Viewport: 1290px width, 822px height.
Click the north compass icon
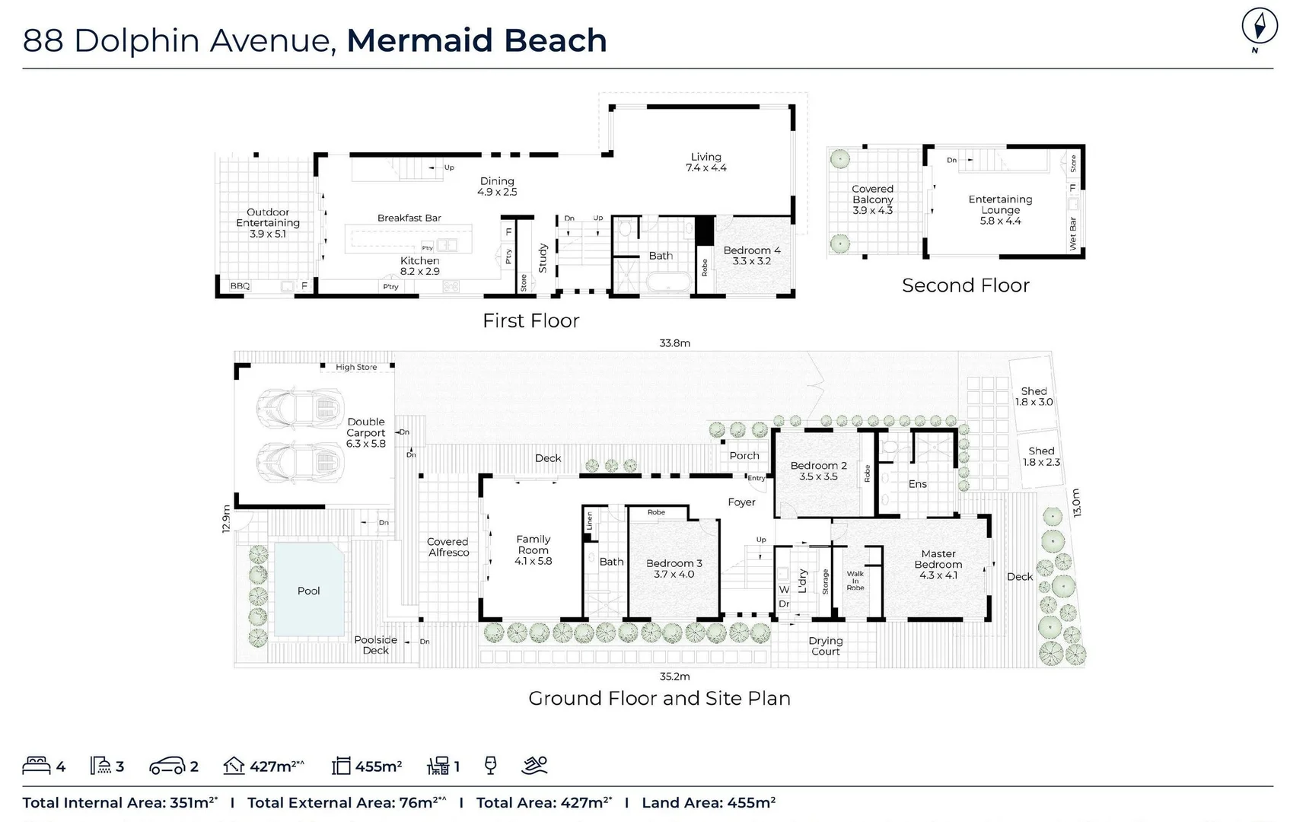pos(1259,28)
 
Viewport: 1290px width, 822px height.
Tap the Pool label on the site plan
pos(308,591)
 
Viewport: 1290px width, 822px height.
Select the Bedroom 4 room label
pos(751,255)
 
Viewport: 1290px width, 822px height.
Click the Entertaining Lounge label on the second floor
pos(1000,209)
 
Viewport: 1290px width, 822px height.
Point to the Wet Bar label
pos(1073,234)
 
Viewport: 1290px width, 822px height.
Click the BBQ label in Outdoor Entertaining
pos(240,286)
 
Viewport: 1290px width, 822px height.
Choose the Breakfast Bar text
pos(409,218)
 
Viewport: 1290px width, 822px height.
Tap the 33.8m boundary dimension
pos(674,343)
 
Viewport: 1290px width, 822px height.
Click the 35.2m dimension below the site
pos(674,676)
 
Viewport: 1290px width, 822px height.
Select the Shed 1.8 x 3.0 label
pos(1034,397)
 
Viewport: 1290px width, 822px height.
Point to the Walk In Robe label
pos(855,580)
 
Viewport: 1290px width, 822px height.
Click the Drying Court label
pos(825,646)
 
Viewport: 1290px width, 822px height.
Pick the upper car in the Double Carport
pos(300,401)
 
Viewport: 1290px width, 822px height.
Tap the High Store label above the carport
pos(356,367)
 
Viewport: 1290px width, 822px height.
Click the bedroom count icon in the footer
pos(37,765)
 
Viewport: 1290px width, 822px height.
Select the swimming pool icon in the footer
pos(534,765)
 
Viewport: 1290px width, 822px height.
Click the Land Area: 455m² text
pos(708,802)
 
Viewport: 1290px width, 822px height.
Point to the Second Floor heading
pos(965,285)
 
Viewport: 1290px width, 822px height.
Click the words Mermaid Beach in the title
pos(476,40)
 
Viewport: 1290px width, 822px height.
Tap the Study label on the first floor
pos(543,258)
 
